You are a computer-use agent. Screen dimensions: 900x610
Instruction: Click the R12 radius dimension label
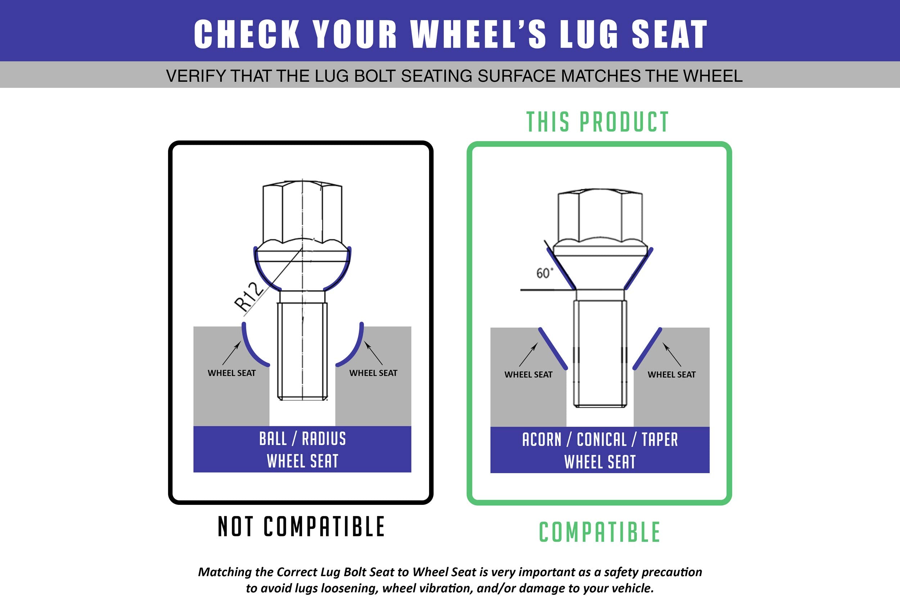(x=249, y=297)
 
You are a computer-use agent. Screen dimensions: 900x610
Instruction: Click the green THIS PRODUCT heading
(x=598, y=122)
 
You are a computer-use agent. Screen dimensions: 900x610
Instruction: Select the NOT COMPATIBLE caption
(x=301, y=526)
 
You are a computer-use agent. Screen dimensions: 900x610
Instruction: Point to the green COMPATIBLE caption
(x=599, y=532)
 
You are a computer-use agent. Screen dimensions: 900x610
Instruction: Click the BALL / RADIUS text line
(x=302, y=439)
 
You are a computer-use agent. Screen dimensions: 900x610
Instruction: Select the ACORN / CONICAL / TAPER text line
(x=600, y=440)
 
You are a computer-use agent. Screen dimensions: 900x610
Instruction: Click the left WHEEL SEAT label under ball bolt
(x=231, y=373)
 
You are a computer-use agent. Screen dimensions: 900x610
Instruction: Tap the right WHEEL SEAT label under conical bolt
(x=671, y=374)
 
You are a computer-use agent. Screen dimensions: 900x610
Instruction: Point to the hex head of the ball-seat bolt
(x=302, y=213)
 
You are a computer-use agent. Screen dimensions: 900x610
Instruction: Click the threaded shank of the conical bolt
(x=600, y=354)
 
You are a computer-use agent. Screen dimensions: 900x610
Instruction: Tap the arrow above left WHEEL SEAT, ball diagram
(x=231, y=353)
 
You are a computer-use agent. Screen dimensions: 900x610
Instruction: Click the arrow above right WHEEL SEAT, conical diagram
(x=672, y=354)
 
